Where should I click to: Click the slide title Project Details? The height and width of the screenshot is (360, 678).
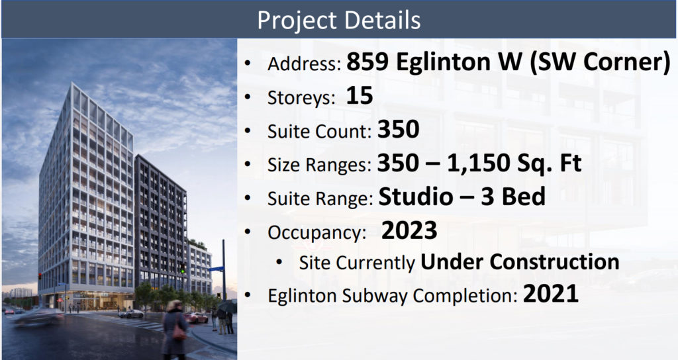(338, 20)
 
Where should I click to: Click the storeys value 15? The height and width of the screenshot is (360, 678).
(360, 95)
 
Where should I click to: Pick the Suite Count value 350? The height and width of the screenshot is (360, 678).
(398, 129)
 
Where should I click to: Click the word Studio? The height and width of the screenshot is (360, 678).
(416, 197)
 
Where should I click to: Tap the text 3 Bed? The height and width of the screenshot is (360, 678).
(513, 197)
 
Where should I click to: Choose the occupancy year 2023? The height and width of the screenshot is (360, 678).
(409, 230)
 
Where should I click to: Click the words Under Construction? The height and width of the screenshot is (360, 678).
(520, 262)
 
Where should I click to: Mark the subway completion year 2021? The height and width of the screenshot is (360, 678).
(550, 294)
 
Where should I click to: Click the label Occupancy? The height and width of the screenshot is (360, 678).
(316, 233)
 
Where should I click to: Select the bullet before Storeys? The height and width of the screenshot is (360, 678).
(248, 97)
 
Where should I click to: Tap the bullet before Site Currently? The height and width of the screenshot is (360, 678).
(279, 262)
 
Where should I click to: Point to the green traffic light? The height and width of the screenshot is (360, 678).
(183, 271)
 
